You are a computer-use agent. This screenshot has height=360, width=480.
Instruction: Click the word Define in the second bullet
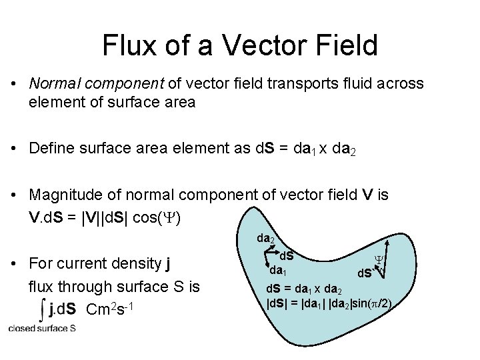click(x=51, y=147)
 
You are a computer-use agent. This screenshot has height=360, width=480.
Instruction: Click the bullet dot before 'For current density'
click(x=14, y=264)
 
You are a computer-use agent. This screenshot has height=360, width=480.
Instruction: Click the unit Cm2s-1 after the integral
click(x=111, y=309)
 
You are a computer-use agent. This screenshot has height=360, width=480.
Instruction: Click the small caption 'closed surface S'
click(x=42, y=328)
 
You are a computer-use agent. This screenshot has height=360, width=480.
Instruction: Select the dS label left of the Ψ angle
click(x=364, y=273)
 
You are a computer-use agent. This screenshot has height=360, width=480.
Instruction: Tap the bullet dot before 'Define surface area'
click(x=14, y=148)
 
